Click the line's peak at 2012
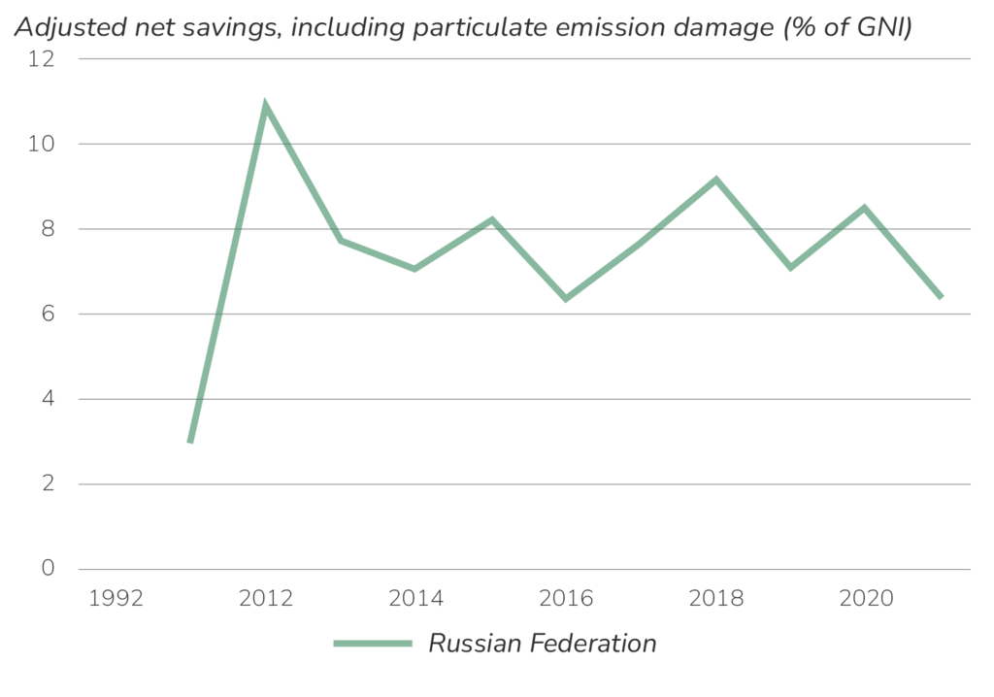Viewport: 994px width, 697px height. [x=265, y=101]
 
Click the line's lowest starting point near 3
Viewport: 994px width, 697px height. [x=190, y=444]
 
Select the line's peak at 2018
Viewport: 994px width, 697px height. [x=715, y=178]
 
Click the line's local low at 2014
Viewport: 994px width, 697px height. [x=415, y=269]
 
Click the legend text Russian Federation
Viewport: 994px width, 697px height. [x=542, y=644]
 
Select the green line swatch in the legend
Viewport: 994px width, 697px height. [x=373, y=644]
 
